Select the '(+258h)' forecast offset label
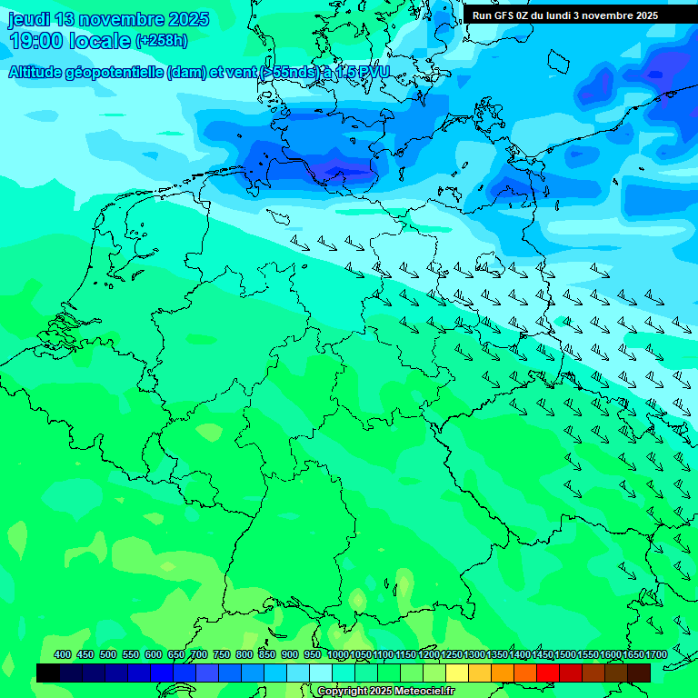coord(161,41)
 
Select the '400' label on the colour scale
coord(63,655)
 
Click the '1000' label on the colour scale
coord(338,655)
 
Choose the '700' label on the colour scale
coord(199,655)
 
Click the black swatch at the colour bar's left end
coord(48,673)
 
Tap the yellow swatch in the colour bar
coord(457,673)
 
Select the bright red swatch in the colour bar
coord(548,673)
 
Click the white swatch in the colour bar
coord(321,673)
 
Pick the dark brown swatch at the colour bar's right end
coord(639,673)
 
